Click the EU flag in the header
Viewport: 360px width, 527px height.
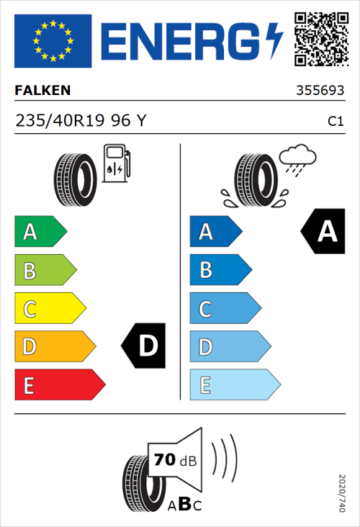53,40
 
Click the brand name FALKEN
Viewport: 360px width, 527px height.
42,91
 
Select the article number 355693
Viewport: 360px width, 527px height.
320,91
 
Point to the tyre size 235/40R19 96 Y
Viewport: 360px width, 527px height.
81,122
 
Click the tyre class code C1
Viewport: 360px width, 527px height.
335,122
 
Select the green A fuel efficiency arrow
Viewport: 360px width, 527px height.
40,232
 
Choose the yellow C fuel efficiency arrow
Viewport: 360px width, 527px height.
50,309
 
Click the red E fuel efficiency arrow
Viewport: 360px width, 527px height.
59,385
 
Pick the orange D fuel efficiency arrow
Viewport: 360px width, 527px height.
55,347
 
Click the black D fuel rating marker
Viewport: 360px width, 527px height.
145,346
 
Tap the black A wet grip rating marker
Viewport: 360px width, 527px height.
323,231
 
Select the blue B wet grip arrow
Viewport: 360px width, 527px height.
220,270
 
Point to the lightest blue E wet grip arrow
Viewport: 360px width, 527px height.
235,385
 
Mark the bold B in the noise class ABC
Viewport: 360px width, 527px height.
184,503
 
